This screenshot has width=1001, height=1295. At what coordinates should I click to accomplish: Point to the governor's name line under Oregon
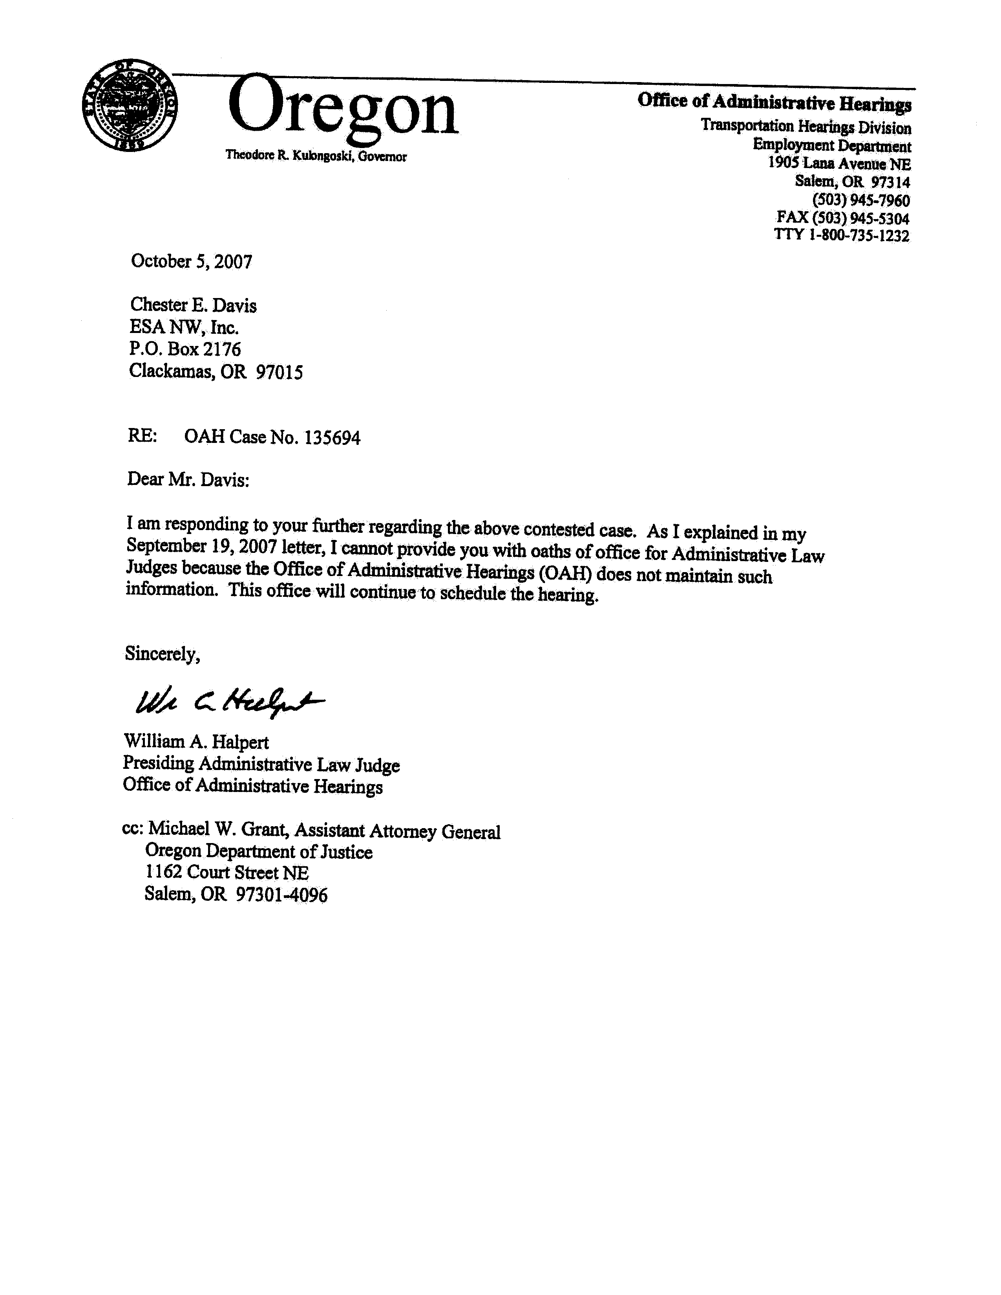316,156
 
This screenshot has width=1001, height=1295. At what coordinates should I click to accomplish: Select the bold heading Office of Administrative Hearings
774,102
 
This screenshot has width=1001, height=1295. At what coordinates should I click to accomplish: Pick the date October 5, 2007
192,262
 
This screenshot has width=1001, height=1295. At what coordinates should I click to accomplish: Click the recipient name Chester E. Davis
193,305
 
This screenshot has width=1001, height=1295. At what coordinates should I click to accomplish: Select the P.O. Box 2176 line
185,349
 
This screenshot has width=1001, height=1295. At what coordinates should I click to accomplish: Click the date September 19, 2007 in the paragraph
201,546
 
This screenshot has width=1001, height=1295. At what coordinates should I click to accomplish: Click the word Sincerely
162,654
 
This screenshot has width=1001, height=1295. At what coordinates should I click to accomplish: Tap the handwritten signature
229,702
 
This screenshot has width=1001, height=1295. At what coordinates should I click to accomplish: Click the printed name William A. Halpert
196,742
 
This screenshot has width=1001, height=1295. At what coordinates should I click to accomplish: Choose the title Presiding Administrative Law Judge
261,764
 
